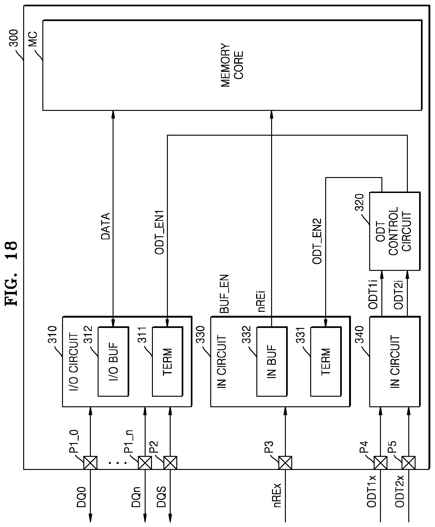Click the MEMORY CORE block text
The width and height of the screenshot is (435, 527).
[x=232, y=65]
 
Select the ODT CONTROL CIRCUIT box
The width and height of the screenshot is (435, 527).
[x=394, y=231]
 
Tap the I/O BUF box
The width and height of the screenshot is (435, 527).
[x=113, y=362]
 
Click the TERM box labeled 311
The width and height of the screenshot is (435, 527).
[x=167, y=362]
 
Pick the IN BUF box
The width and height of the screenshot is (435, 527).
[x=272, y=362]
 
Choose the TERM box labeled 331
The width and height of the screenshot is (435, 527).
[x=326, y=362]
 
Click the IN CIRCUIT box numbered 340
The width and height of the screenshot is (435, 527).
[x=395, y=362]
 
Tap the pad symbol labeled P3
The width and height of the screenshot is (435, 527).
[x=285, y=463]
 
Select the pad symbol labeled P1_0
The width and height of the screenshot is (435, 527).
[x=90, y=463]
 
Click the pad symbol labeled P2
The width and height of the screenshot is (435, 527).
[x=170, y=463]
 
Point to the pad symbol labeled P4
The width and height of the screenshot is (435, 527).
[x=380, y=463]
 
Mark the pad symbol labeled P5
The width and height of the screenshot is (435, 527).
[x=409, y=463]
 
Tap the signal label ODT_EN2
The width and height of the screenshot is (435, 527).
[x=317, y=241]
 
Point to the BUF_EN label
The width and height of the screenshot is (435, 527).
[x=224, y=294]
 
